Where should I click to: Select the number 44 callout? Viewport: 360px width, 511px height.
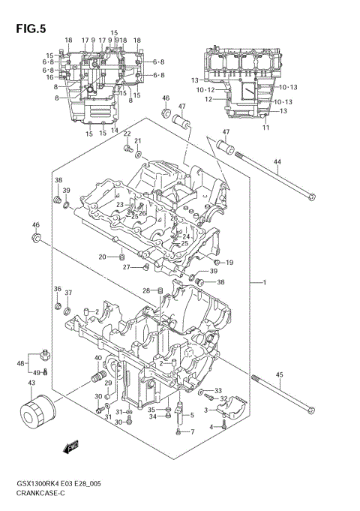point(277,163)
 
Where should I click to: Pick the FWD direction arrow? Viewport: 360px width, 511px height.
point(73,448)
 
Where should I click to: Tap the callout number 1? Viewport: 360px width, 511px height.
point(264,282)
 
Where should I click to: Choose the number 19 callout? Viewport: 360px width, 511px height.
point(265,128)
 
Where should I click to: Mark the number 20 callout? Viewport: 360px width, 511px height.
point(103,257)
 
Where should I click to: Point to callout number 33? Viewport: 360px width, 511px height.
point(217,390)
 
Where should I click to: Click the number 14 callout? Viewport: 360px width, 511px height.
point(115,130)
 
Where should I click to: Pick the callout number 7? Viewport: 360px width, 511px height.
point(192,431)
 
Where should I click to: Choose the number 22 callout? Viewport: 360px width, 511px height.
point(127,134)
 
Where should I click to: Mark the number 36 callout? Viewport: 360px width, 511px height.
point(56,289)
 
